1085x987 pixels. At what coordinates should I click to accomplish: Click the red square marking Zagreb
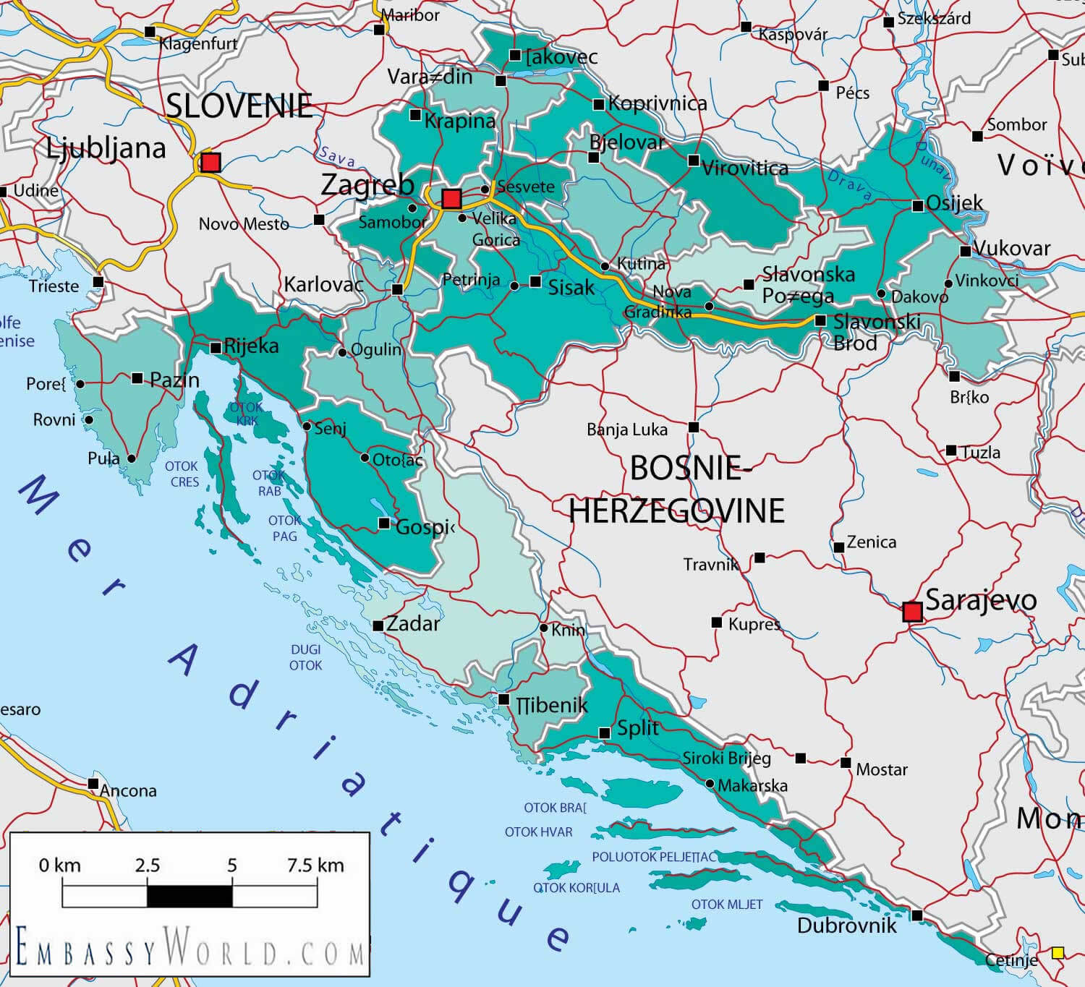click(451, 198)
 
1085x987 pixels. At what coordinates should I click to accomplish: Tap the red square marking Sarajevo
click(913, 612)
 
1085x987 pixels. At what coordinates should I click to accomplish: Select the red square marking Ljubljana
click(210, 162)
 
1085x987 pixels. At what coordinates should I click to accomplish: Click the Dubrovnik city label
click(846, 926)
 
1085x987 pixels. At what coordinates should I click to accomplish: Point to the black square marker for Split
click(605, 733)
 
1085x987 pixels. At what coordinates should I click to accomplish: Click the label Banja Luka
click(626, 430)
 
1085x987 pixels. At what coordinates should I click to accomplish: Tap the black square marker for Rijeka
click(216, 348)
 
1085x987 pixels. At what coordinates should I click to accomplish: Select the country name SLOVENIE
click(239, 106)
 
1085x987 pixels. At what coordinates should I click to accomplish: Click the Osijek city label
click(954, 202)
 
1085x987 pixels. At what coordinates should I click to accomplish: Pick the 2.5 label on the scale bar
click(147, 865)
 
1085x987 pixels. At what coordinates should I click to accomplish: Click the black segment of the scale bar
click(190, 896)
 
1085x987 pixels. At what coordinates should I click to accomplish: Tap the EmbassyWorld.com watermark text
click(190, 948)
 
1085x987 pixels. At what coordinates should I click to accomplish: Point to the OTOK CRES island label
click(182, 474)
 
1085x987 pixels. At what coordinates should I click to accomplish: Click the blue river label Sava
click(337, 156)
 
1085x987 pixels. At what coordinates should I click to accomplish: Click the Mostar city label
click(881, 769)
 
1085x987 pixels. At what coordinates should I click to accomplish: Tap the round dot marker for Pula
click(132, 458)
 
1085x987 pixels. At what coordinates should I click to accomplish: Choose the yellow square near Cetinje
click(1058, 952)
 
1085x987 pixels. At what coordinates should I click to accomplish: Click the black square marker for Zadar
click(378, 626)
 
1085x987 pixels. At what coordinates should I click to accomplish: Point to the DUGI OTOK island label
click(305, 657)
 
